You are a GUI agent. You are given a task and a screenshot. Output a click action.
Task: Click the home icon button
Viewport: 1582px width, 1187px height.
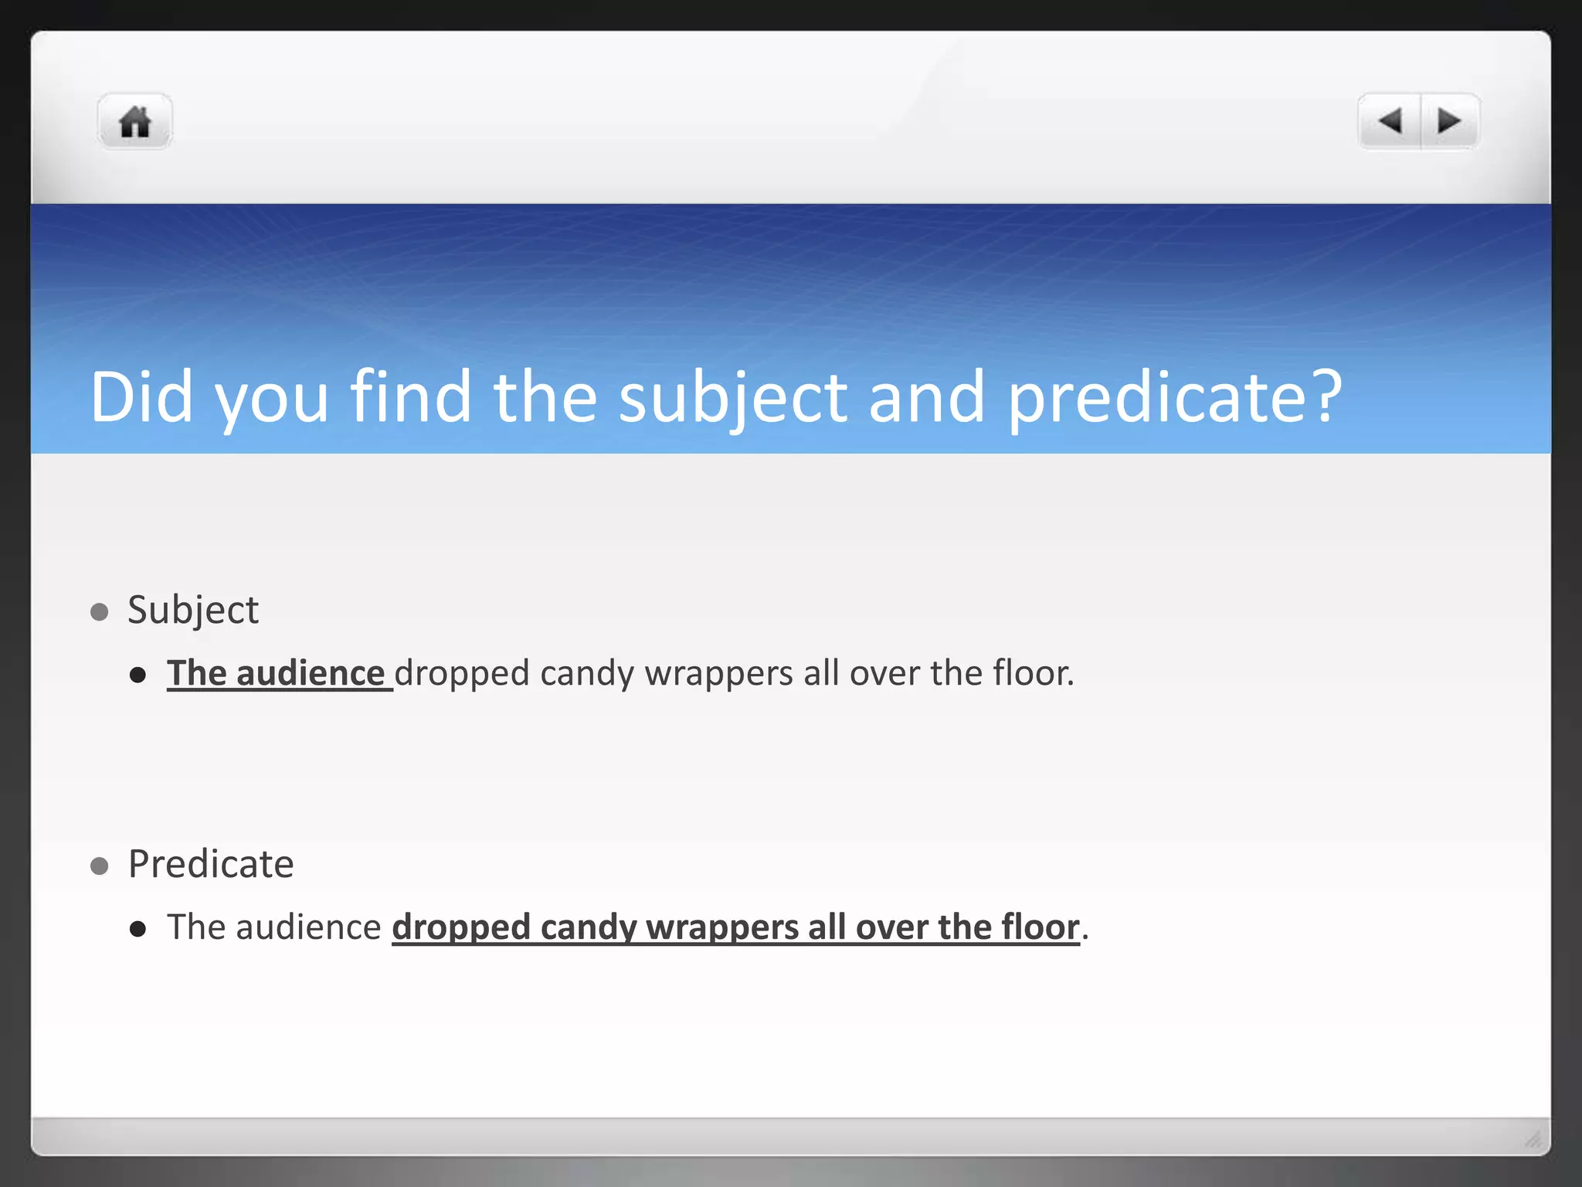pyautogui.click(x=134, y=122)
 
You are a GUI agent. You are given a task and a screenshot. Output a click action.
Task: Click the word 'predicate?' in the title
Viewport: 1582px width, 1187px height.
pyautogui.click(x=1175, y=397)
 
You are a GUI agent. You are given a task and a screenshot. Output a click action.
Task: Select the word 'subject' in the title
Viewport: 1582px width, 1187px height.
pyautogui.click(x=733, y=397)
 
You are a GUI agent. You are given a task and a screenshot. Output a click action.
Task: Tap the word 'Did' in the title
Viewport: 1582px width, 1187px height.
pyautogui.click(x=141, y=397)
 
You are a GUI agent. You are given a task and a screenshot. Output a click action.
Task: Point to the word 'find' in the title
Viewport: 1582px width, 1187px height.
pyautogui.click(x=410, y=397)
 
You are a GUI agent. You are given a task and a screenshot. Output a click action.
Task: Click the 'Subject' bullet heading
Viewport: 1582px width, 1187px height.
pyautogui.click(x=193, y=611)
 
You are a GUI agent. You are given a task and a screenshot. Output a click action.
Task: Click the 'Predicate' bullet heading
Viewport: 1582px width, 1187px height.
pyautogui.click(x=211, y=864)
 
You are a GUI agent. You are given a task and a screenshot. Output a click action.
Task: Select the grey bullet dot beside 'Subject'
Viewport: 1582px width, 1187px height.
pyautogui.click(x=99, y=613)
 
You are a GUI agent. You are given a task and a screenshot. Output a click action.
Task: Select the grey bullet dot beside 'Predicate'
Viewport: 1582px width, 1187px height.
pyautogui.click(x=99, y=866)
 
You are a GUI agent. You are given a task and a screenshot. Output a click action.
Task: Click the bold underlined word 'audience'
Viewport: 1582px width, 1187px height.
pyautogui.click(x=311, y=674)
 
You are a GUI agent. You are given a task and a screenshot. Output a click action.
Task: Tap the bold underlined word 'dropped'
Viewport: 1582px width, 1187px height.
pyautogui.click(x=461, y=927)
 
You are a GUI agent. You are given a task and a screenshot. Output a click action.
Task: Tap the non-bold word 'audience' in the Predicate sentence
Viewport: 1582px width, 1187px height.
pyautogui.click(x=308, y=927)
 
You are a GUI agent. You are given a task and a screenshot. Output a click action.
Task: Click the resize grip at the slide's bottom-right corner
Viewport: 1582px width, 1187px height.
pyautogui.click(x=1533, y=1139)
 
